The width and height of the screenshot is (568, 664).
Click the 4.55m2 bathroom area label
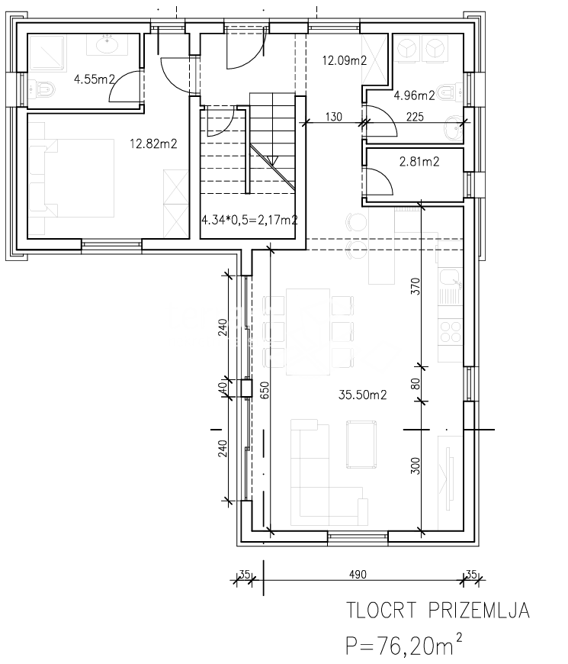pyautogui.click(x=95, y=79)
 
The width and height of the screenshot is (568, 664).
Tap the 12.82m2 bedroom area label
pyautogui.click(x=153, y=144)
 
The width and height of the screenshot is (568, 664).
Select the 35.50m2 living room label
pyautogui.click(x=362, y=395)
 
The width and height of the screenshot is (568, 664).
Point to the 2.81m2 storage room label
pyautogui.click(x=419, y=161)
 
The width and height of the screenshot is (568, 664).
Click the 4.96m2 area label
pyautogui.click(x=415, y=95)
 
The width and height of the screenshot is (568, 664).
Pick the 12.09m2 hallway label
pyautogui.click(x=345, y=60)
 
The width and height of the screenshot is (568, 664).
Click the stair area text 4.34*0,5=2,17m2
pyautogui.click(x=249, y=220)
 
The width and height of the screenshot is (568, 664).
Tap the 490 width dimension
pyautogui.click(x=358, y=575)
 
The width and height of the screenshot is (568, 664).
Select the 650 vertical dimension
pyautogui.click(x=265, y=391)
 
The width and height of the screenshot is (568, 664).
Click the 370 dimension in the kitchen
pyautogui.click(x=416, y=286)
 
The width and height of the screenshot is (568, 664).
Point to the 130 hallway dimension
pyautogui.click(x=334, y=117)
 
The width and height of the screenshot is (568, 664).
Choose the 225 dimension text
pyautogui.click(x=415, y=117)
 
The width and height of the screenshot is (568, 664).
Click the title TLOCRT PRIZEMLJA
pyautogui.click(x=438, y=611)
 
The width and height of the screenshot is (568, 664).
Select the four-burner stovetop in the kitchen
pyautogui.click(x=451, y=331)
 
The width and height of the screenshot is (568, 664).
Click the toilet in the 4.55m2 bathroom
pyautogui.click(x=42, y=89)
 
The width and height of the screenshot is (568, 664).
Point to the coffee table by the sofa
pyautogui.click(x=361, y=444)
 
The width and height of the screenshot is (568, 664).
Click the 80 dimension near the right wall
pyautogui.click(x=416, y=384)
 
